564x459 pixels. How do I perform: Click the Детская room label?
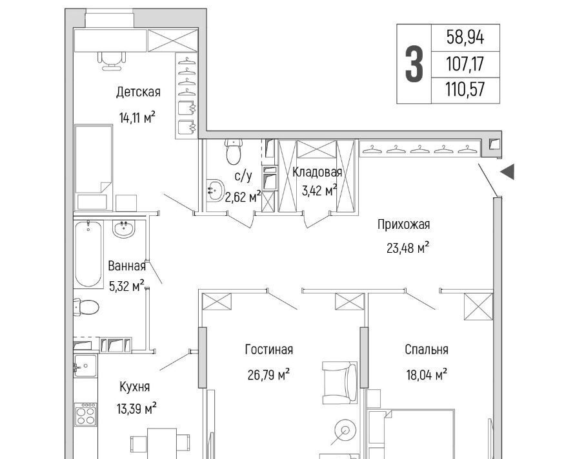coord(138,92)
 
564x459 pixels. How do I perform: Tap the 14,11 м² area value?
coord(137,117)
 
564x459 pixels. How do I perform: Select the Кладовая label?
coord(317,172)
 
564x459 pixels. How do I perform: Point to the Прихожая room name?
coord(403,224)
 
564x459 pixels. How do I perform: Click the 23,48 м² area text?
coord(408,248)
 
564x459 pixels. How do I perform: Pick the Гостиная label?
coord(268,350)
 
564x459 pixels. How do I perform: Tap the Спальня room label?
coord(427,350)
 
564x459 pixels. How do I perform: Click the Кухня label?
coord(134,387)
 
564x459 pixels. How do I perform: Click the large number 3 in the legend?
coord(414,65)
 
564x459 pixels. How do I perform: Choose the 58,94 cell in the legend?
coord(465,37)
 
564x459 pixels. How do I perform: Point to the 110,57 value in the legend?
coord(465,89)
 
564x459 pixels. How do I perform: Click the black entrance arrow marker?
coord(508,171)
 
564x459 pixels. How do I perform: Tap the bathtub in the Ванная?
coord(88,254)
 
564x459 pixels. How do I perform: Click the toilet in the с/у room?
coord(234,151)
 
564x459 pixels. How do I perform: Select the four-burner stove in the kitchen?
coord(86,414)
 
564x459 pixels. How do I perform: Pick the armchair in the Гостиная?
coord(340,383)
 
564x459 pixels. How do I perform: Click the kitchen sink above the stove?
coord(85,366)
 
